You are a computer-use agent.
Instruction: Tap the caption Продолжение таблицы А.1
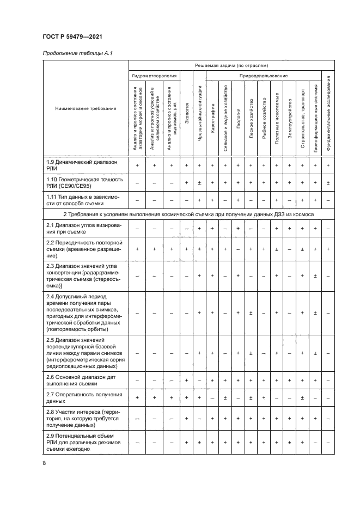[77, 53]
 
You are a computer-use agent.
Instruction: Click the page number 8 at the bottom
[44, 463]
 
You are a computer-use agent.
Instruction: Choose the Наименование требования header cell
[86, 108]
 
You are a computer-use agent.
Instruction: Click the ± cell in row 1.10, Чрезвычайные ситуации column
[200, 183]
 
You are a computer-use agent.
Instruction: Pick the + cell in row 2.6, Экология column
[187, 380]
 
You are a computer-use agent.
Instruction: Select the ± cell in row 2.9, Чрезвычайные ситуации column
[200, 443]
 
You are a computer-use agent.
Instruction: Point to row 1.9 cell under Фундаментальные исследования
[328, 165]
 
